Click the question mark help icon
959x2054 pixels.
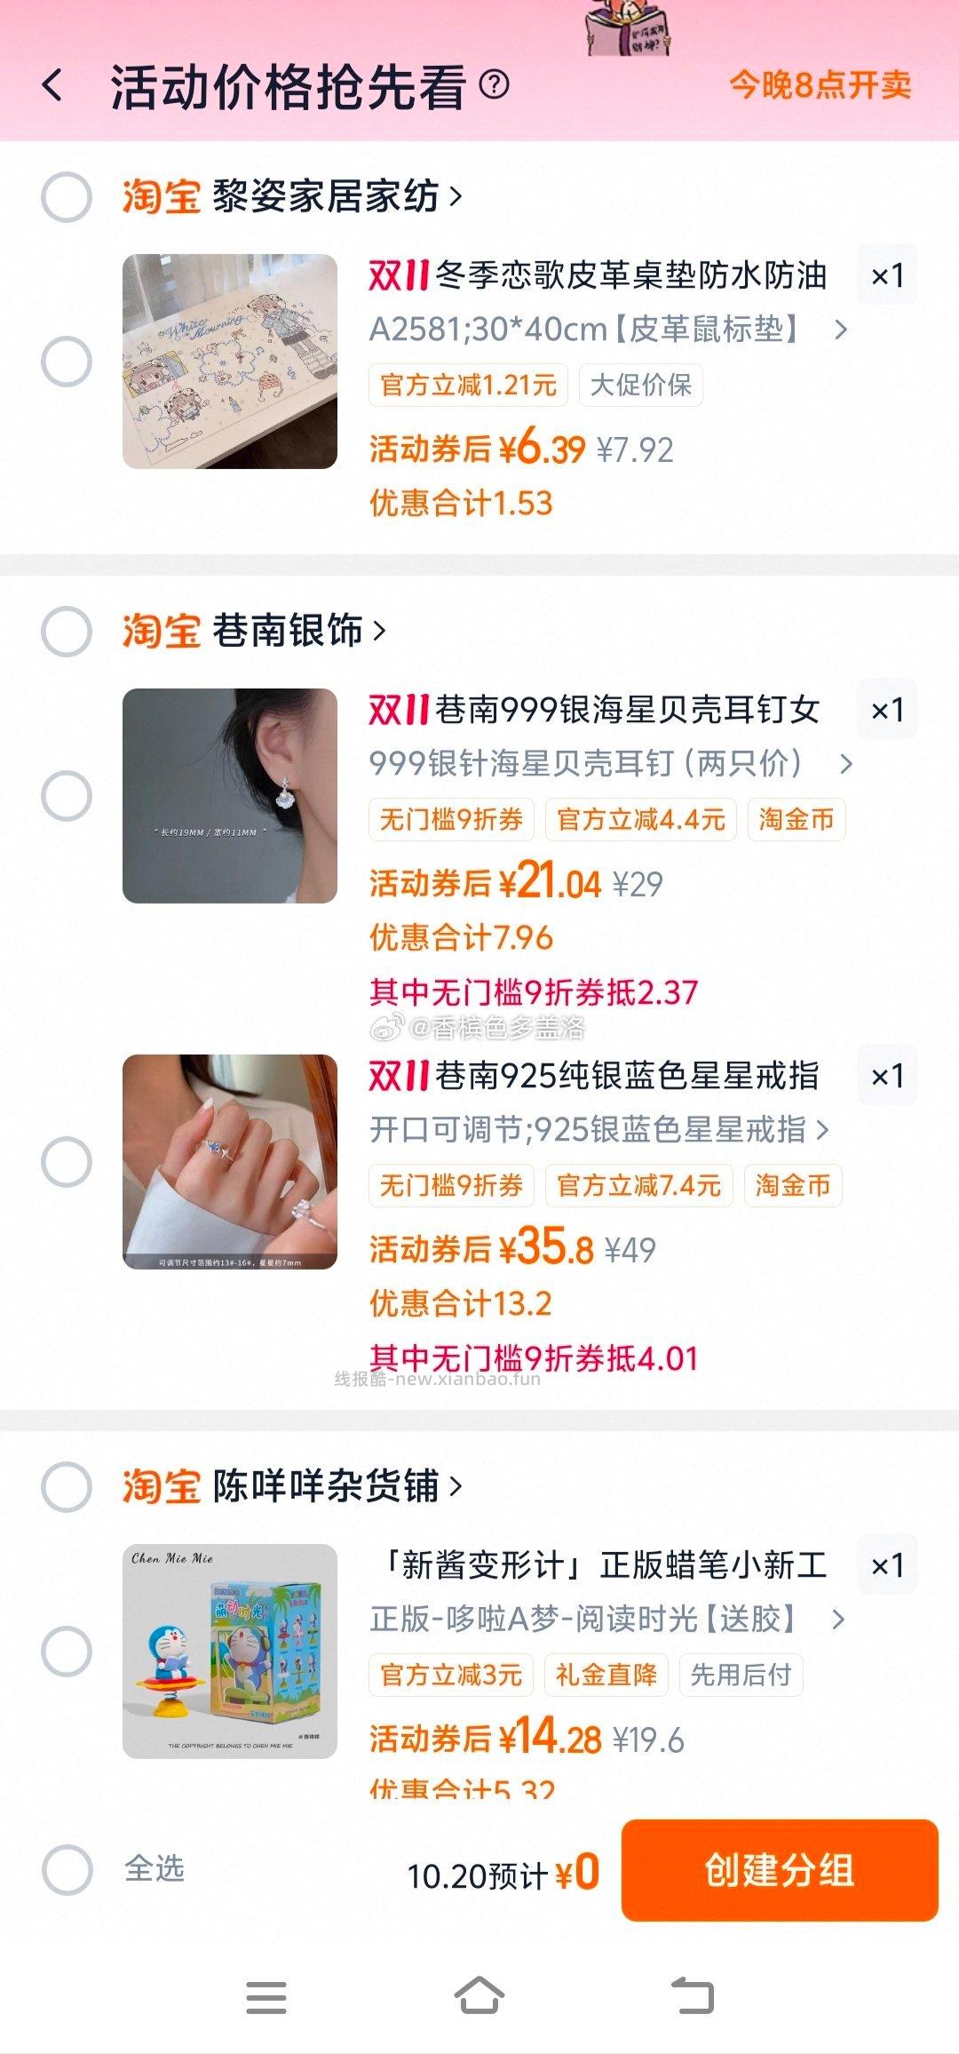(x=494, y=85)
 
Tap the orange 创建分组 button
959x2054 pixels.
(x=779, y=1870)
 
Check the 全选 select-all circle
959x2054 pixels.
(x=67, y=1869)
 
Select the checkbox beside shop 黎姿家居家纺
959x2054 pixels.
(x=67, y=196)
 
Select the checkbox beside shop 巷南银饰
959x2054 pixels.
(x=67, y=632)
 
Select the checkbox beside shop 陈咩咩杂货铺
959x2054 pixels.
(x=67, y=1486)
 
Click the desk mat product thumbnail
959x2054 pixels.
(x=230, y=362)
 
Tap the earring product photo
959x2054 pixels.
(x=230, y=796)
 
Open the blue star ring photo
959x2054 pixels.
(x=230, y=1161)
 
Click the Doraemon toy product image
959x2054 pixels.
(x=230, y=1652)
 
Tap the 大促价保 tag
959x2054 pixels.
(x=640, y=386)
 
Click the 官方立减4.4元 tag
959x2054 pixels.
(x=640, y=819)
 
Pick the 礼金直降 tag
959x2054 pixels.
(x=606, y=1675)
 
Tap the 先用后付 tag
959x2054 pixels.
(x=741, y=1675)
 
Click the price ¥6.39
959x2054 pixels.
(x=542, y=449)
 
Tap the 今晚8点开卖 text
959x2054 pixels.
(x=820, y=85)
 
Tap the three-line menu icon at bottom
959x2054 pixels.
(x=266, y=1996)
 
